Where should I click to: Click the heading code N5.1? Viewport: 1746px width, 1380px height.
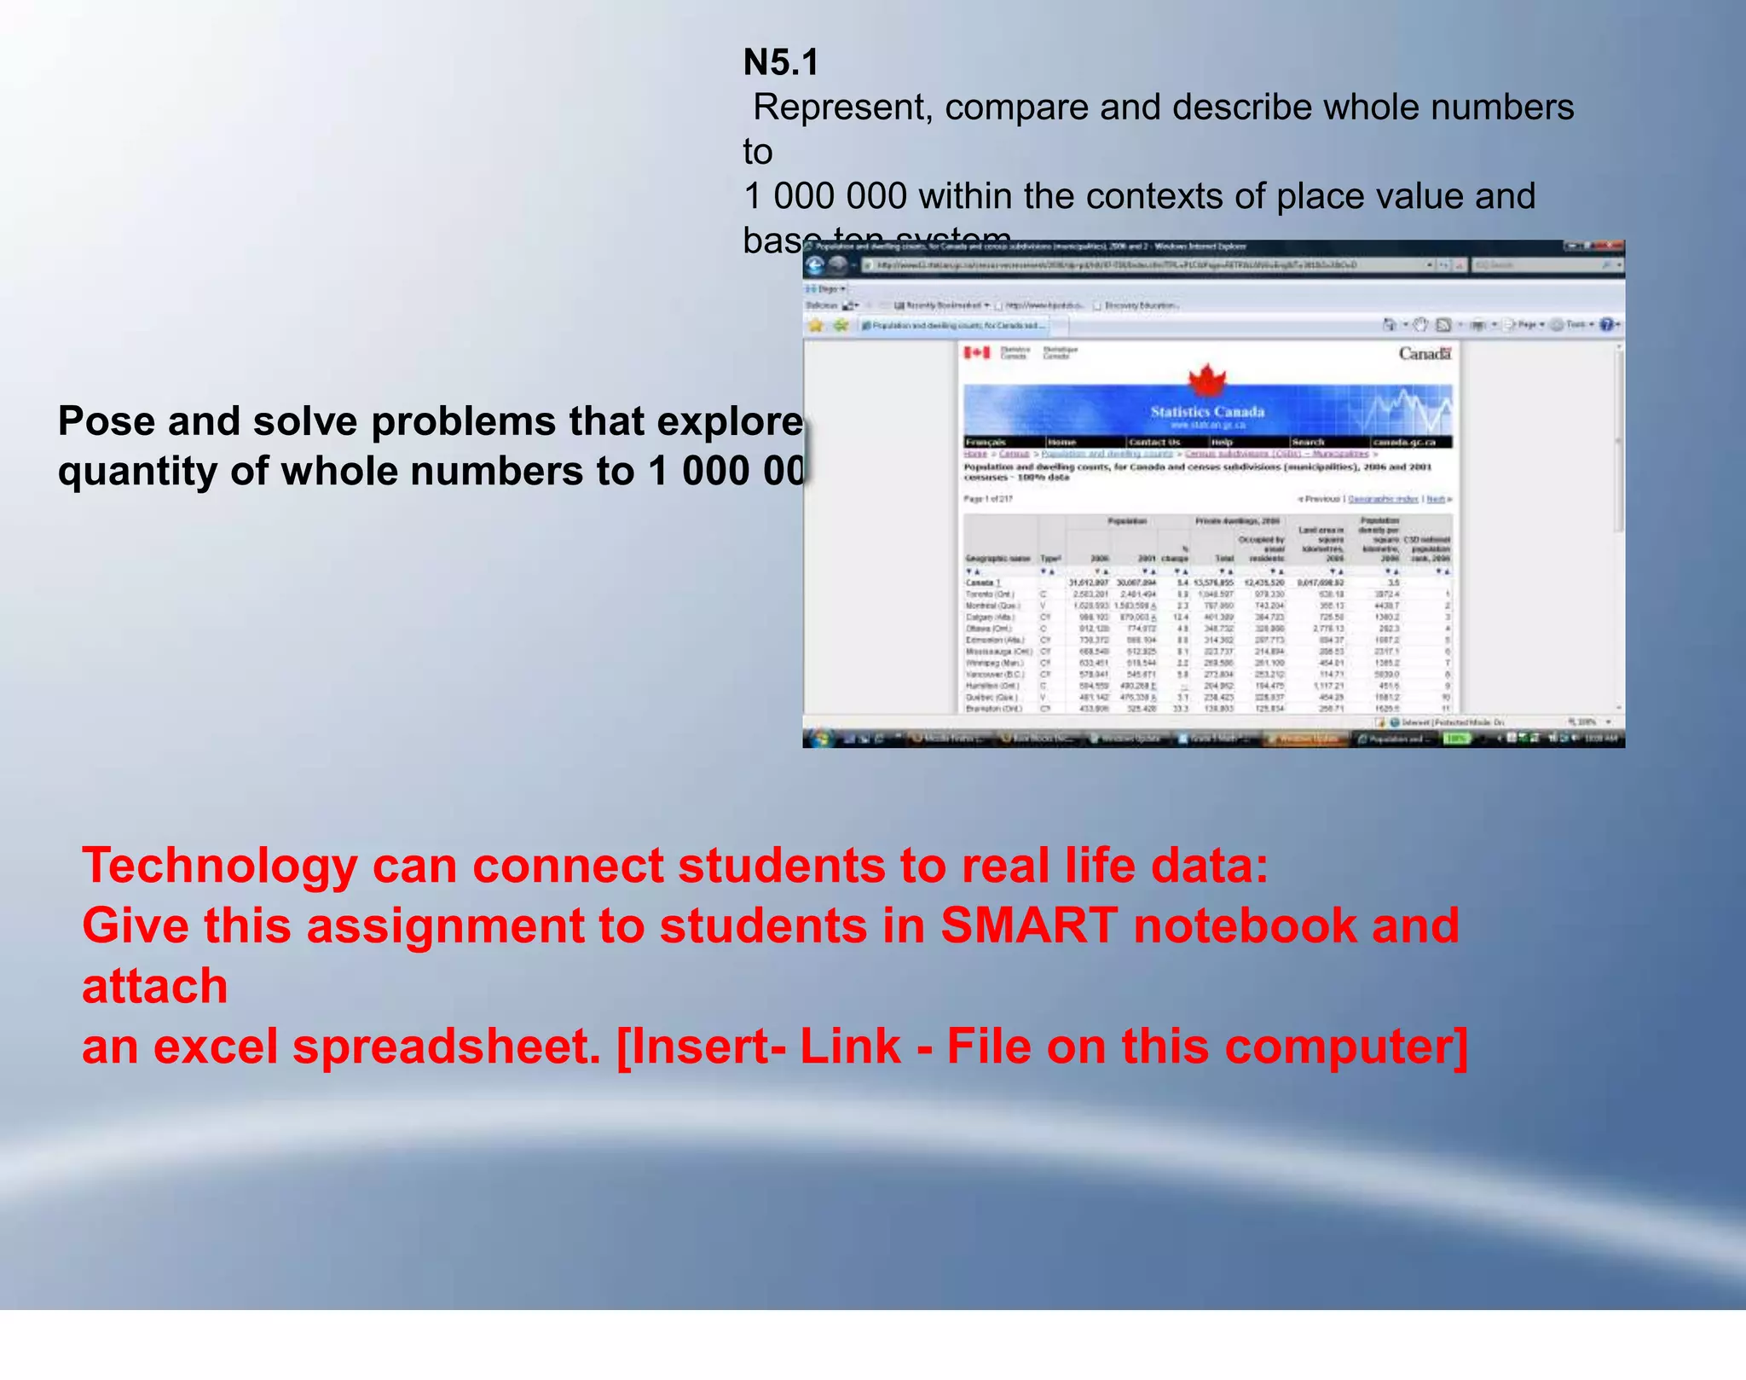pos(781,62)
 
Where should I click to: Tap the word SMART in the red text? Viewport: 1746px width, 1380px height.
pos(1029,925)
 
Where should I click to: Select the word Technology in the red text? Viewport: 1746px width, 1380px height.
pos(219,866)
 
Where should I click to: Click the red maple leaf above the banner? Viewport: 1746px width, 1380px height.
pos(1207,380)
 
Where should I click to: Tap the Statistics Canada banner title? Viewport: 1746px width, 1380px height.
pos(1207,412)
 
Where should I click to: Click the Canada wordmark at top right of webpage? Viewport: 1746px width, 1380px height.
pos(1424,353)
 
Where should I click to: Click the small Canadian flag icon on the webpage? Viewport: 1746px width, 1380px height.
pos(977,352)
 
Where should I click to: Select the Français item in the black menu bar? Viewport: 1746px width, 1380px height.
pos(986,442)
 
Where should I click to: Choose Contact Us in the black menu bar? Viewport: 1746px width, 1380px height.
pos(1153,442)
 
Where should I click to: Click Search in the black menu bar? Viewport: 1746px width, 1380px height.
pos(1307,442)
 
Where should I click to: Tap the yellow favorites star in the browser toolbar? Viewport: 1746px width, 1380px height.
pos(816,325)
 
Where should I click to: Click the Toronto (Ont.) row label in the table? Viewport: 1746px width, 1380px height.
pos(989,594)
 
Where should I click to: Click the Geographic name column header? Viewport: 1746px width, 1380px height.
pos(997,559)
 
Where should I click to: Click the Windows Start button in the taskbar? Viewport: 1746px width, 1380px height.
pos(818,739)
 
